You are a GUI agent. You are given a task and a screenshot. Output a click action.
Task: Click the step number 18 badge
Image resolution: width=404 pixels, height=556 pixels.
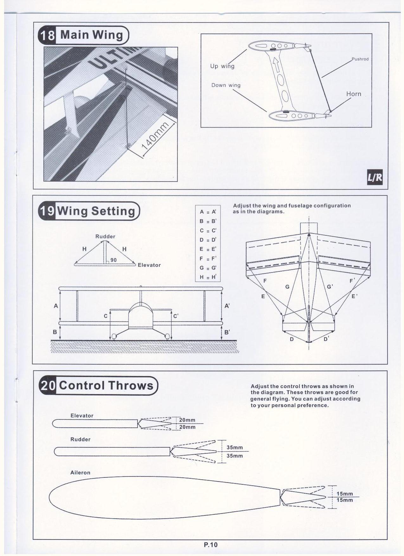click(47, 35)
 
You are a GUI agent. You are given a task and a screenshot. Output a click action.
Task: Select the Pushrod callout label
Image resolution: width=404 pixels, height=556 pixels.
click(360, 59)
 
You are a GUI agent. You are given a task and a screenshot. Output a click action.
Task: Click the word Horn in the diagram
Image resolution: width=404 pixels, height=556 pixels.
click(354, 94)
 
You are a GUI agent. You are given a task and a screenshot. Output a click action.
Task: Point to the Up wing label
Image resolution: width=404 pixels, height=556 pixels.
click(222, 66)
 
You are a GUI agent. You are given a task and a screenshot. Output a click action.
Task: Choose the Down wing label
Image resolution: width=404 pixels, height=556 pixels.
click(226, 85)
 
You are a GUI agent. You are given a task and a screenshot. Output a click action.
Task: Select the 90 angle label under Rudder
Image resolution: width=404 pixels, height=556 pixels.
click(113, 260)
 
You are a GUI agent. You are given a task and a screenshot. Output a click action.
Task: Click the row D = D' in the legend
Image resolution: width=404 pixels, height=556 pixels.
click(208, 240)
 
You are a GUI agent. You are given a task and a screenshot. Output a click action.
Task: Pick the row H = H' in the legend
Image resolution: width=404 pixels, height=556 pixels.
click(208, 277)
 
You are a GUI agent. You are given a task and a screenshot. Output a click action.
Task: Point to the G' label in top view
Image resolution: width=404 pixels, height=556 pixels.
click(330, 287)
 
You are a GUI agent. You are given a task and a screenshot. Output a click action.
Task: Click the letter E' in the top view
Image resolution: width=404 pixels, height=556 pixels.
click(355, 297)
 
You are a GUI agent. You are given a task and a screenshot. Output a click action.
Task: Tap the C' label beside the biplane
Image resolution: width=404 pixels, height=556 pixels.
click(176, 316)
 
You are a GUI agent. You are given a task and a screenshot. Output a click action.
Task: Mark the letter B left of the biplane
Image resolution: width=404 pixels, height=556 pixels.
click(55, 332)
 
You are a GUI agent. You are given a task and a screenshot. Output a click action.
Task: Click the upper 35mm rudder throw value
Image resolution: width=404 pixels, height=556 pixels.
click(235, 448)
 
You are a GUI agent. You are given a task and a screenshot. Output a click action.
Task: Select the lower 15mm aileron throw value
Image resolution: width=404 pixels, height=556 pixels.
click(345, 500)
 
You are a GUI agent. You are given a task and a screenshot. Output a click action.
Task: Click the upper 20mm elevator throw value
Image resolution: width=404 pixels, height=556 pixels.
click(187, 420)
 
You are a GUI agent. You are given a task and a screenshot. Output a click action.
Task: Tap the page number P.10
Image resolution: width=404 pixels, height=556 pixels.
click(211, 545)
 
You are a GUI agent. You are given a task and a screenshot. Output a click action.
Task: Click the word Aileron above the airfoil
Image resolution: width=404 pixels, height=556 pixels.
click(80, 472)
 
